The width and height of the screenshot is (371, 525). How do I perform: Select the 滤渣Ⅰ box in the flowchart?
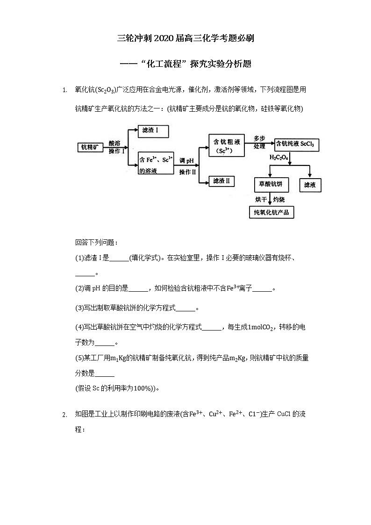152,130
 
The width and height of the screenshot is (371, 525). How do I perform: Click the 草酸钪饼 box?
271,185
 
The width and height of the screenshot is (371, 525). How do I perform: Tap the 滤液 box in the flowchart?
310,185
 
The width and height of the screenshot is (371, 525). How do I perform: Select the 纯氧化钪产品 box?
271,213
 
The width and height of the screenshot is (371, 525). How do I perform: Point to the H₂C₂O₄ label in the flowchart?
278,158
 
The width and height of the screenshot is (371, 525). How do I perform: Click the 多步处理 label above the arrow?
259,142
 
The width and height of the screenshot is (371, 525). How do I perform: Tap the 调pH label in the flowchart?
186,161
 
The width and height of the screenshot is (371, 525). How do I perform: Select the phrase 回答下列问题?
90,243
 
